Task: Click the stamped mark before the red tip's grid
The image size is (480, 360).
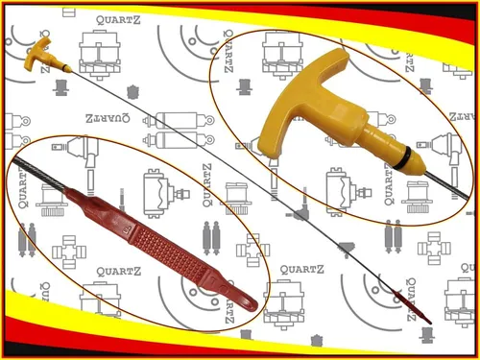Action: point(126,229)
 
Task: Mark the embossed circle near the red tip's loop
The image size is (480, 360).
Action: point(223,289)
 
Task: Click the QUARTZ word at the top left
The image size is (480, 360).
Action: point(118,20)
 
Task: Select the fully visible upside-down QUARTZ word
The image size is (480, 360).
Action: point(108,118)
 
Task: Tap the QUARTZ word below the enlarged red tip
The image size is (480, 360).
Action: point(119,272)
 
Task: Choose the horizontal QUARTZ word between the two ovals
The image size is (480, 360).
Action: point(301,270)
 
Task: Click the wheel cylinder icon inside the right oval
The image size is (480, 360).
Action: point(348,191)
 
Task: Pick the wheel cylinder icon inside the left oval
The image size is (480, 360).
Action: point(166,193)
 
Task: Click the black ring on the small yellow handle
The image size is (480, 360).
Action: point(66,67)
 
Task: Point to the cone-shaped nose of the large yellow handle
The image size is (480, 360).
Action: point(416,165)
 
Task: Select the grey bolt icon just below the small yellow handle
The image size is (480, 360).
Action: point(60,87)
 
